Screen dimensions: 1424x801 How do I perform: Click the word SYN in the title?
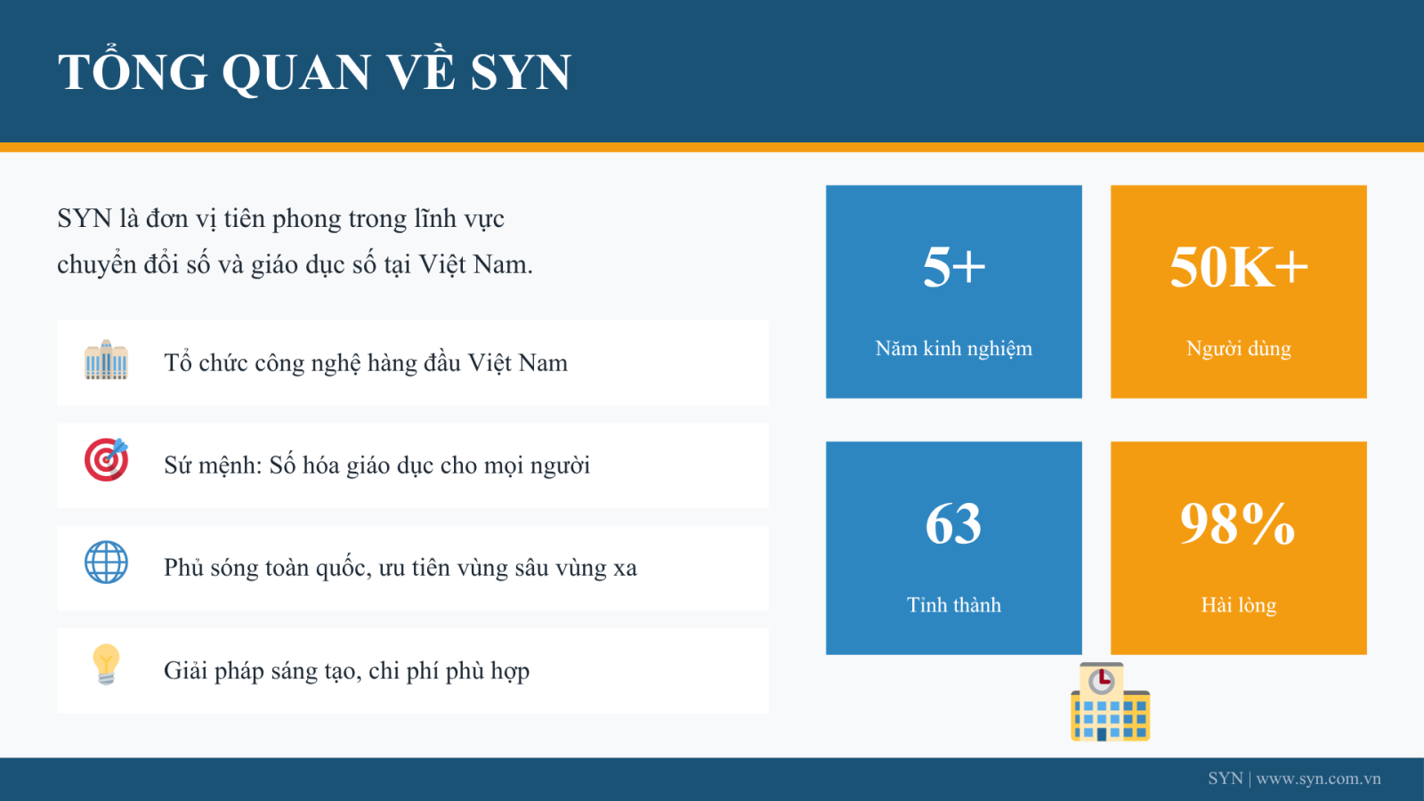[521, 72]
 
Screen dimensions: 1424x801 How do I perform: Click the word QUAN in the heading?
[296, 73]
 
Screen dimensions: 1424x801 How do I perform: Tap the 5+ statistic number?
[953, 267]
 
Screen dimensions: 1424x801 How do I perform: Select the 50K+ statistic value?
[1238, 267]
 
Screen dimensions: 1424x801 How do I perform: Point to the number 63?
[953, 524]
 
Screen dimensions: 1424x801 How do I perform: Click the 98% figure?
[1238, 524]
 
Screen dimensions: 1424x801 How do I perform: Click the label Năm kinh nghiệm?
[953, 349]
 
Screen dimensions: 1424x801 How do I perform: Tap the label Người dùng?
[1238, 349]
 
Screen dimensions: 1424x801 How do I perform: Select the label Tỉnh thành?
[953, 604]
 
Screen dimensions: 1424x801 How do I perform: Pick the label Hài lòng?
[1238, 605]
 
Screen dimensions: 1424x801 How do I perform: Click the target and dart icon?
[106, 459]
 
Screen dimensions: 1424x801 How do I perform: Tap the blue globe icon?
[106, 562]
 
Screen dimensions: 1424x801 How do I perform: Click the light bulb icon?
[106, 664]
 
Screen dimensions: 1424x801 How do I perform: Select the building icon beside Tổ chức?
[106, 360]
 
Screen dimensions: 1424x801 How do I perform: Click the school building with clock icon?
[1111, 702]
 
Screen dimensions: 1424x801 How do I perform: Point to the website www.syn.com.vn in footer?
[1318, 779]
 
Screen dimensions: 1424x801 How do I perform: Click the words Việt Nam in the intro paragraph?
[475, 264]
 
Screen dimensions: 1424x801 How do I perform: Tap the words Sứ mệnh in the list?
[213, 465]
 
